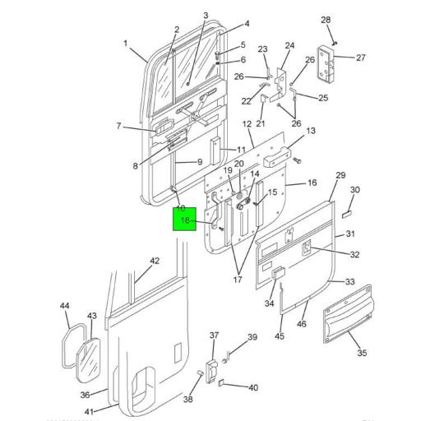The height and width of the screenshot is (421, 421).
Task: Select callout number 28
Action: (326, 20)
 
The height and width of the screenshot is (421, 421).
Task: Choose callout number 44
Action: (65, 307)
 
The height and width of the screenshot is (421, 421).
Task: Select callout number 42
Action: (154, 261)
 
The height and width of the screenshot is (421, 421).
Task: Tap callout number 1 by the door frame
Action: (126, 44)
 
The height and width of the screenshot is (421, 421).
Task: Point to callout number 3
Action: (206, 16)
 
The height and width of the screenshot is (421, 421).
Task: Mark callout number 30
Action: (354, 191)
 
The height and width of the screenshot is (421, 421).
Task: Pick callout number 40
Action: (253, 387)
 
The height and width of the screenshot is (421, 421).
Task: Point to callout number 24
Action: (289, 46)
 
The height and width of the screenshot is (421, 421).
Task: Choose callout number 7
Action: (118, 126)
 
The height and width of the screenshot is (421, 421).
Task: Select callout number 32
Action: (355, 255)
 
